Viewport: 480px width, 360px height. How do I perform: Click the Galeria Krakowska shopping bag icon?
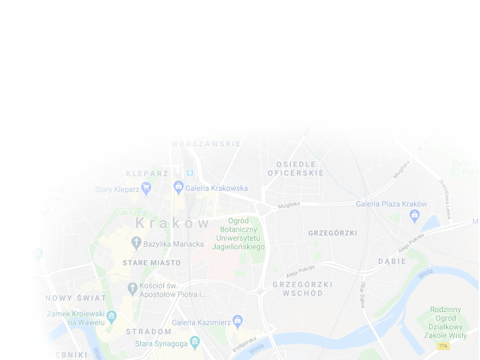pos(178,187)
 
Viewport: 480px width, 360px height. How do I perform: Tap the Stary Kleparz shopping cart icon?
pos(146,189)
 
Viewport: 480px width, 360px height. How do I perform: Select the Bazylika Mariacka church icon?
pos(136,243)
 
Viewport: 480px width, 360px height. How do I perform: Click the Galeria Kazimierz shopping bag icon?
pos(238,320)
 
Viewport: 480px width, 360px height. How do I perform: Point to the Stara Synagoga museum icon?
pos(194,343)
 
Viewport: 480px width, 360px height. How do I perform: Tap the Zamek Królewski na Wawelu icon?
pos(111,316)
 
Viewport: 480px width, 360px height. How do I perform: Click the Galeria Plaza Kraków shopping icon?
pos(415,215)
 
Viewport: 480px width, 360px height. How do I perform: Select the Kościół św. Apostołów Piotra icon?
pos(133,289)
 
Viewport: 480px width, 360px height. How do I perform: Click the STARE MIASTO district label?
pos(151,263)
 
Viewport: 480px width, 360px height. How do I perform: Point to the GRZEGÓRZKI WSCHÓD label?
pos(298,289)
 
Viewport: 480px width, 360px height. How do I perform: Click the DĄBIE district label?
pos(392,262)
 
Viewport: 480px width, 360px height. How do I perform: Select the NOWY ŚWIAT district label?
pos(76,298)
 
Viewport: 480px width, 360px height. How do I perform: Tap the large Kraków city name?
pos(173,223)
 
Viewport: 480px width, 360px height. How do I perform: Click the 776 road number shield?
pos(443,346)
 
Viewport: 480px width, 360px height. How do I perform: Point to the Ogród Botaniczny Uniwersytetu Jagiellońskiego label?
pos(238,234)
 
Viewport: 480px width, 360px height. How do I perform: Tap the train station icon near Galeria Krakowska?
pos(190,173)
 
